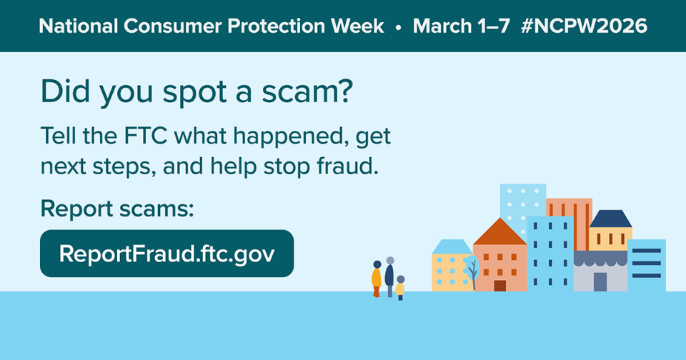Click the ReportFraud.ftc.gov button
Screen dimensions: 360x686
(166, 254)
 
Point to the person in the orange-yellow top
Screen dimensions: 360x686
(377, 279)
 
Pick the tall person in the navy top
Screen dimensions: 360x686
(389, 275)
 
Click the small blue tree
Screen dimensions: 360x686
(471, 271)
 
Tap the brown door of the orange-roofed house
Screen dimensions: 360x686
(499, 286)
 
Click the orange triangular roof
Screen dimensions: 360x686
(499, 233)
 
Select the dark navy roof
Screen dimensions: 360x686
(610, 219)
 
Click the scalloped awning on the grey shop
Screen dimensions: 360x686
(600, 258)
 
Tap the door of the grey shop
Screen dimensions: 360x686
(600, 281)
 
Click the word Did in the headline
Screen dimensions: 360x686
(61, 93)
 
